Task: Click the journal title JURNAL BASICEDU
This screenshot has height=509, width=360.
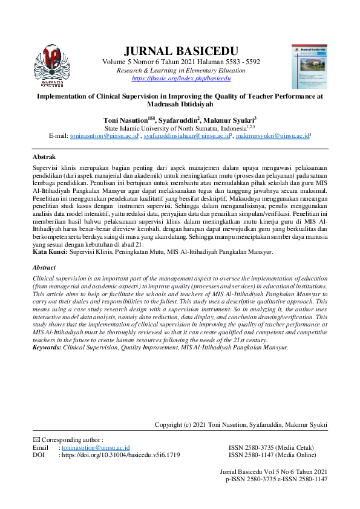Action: click(x=180, y=50)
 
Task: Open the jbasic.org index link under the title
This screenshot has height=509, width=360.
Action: click(x=180, y=78)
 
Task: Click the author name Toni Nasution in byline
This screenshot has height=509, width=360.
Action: click(x=128, y=120)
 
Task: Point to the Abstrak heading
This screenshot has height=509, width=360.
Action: click(x=44, y=156)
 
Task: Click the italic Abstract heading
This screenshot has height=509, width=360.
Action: click(x=44, y=267)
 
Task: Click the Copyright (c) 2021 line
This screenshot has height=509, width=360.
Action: click(x=241, y=426)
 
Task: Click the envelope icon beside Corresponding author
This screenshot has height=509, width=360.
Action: click(x=35, y=439)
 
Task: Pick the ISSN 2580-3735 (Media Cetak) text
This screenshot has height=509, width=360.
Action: click(x=271, y=447)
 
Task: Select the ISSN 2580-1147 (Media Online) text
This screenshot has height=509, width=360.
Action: click(x=272, y=455)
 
